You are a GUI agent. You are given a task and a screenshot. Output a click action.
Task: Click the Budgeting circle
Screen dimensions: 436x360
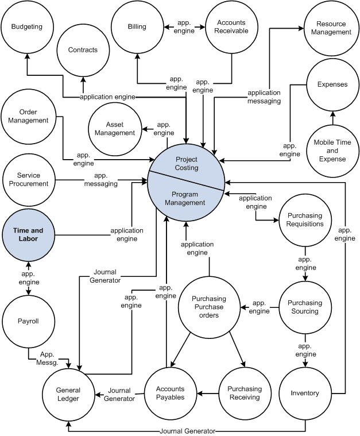(x=27, y=26)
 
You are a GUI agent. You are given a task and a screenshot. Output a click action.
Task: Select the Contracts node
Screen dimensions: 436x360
(x=83, y=50)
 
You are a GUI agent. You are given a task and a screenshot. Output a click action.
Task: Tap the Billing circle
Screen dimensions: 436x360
(x=137, y=26)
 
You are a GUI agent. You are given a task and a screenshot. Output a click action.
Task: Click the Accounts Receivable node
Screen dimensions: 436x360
(x=231, y=26)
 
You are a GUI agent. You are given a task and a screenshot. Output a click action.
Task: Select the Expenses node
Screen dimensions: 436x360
(x=332, y=84)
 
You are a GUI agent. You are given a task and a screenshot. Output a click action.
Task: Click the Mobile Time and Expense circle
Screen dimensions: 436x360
(x=332, y=151)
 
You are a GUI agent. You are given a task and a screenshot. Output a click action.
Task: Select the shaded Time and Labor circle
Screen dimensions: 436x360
(x=29, y=234)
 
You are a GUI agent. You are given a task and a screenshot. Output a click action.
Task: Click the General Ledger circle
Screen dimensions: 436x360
(x=68, y=393)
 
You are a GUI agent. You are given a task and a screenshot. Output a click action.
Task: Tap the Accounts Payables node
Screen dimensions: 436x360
(x=171, y=393)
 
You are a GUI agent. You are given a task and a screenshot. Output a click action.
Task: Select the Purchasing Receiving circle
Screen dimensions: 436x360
(x=245, y=393)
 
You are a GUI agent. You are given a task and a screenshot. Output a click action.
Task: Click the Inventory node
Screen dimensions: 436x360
(x=305, y=393)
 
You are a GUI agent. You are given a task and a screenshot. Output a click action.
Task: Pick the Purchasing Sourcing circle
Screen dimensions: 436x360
(x=305, y=307)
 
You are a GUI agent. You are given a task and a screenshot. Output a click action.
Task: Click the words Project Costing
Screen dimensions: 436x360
(x=187, y=164)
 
